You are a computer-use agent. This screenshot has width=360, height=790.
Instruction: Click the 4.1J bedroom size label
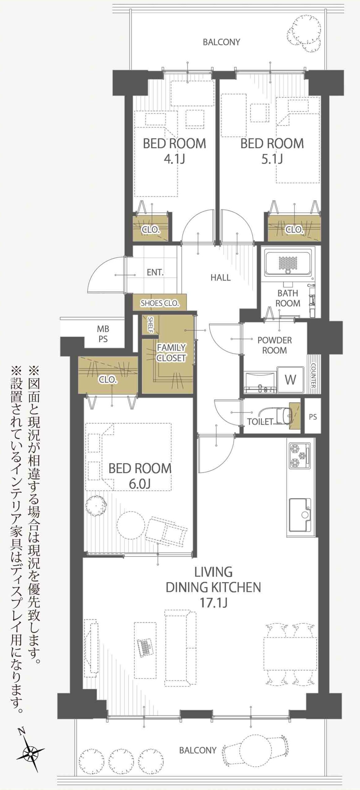click(x=174, y=159)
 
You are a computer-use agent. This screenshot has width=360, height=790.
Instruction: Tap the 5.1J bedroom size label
click(x=272, y=159)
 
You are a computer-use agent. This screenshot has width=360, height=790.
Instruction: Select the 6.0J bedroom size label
click(x=140, y=484)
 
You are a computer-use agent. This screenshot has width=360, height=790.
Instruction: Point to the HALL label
click(x=220, y=277)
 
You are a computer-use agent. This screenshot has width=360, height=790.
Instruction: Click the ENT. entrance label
click(x=155, y=272)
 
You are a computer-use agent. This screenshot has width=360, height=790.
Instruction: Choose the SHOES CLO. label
click(x=160, y=303)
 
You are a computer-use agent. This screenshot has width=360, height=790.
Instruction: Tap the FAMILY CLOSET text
click(x=171, y=352)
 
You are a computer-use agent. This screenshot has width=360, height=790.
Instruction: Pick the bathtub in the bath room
click(x=288, y=263)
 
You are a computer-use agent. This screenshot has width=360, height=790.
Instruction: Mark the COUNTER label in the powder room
click(x=313, y=375)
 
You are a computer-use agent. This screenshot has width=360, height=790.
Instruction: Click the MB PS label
click(x=103, y=334)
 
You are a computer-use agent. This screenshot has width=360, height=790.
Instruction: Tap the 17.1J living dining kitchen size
click(x=213, y=603)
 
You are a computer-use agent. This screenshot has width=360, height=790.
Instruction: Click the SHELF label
click(x=150, y=325)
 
